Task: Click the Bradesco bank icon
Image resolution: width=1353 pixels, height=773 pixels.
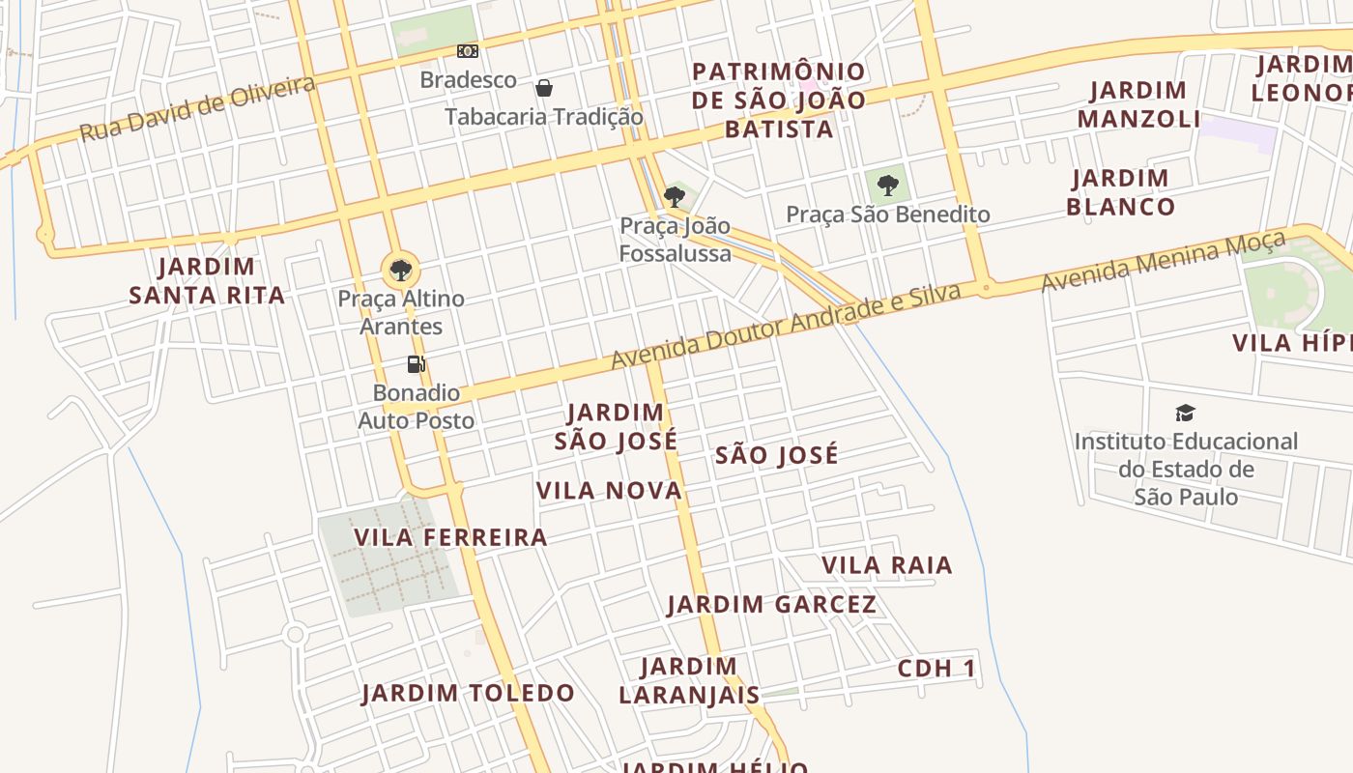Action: point(468,51)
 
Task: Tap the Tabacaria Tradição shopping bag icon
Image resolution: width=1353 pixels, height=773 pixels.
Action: point(544,88)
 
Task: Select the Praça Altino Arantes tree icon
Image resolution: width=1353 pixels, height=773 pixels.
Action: point(400,270)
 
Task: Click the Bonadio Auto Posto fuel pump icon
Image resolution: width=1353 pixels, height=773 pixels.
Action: point(417,364)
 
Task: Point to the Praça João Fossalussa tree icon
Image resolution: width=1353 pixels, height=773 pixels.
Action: point(675,197)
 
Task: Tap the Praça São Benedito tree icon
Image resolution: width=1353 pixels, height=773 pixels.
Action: point(887,186)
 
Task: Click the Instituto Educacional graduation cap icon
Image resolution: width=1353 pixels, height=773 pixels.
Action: point(1185,414)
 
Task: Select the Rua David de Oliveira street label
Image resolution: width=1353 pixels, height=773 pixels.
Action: point(197,108)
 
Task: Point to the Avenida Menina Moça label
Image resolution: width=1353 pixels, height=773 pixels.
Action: point(1164,261)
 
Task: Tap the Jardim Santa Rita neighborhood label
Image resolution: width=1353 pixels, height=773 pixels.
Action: point(207,280)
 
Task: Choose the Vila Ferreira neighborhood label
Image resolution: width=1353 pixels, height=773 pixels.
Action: point(450,537)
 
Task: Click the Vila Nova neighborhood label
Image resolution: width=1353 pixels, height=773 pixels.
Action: point(609,491)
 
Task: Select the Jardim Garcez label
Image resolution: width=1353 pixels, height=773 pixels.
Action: point(771,605)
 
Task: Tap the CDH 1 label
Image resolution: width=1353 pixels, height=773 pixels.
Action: point(936,668)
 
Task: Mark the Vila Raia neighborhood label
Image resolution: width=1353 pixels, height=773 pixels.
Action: point(886,565)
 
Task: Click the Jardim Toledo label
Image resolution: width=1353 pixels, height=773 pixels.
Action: point(468,693)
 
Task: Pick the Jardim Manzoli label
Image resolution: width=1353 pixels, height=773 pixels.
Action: point(1138,104)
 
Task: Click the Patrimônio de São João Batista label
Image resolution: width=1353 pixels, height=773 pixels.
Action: point(779,100)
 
